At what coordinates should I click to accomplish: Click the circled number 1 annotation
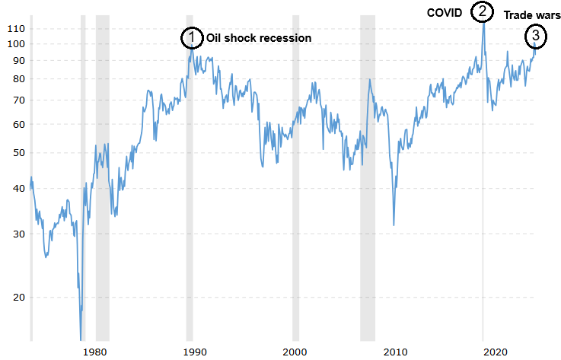[192, 37]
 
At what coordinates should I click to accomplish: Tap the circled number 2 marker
[481, 12]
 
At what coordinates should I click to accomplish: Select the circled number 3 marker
[536, 35]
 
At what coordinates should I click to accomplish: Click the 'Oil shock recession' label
[259, 38]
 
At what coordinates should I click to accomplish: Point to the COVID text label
[445, 12]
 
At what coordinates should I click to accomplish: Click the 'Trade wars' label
[532, 14]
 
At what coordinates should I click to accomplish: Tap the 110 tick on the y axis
[16, 28]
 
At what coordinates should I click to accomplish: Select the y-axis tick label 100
[16, 44]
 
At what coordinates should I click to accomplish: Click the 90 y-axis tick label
[18, 61]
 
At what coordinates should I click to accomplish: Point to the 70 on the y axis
[18, 100]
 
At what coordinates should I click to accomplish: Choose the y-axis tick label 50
[18, 153]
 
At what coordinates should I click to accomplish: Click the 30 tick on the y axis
[18, 234]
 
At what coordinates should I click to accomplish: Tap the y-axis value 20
[18, 298]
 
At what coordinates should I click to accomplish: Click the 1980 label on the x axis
[94, 352]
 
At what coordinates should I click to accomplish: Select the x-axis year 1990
[195, 352]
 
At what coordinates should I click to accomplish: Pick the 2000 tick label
[295, 352]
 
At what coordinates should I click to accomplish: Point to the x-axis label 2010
[395, 352]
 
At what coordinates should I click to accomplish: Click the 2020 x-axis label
[496, 352]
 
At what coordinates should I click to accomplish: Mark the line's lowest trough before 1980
[81, 337]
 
